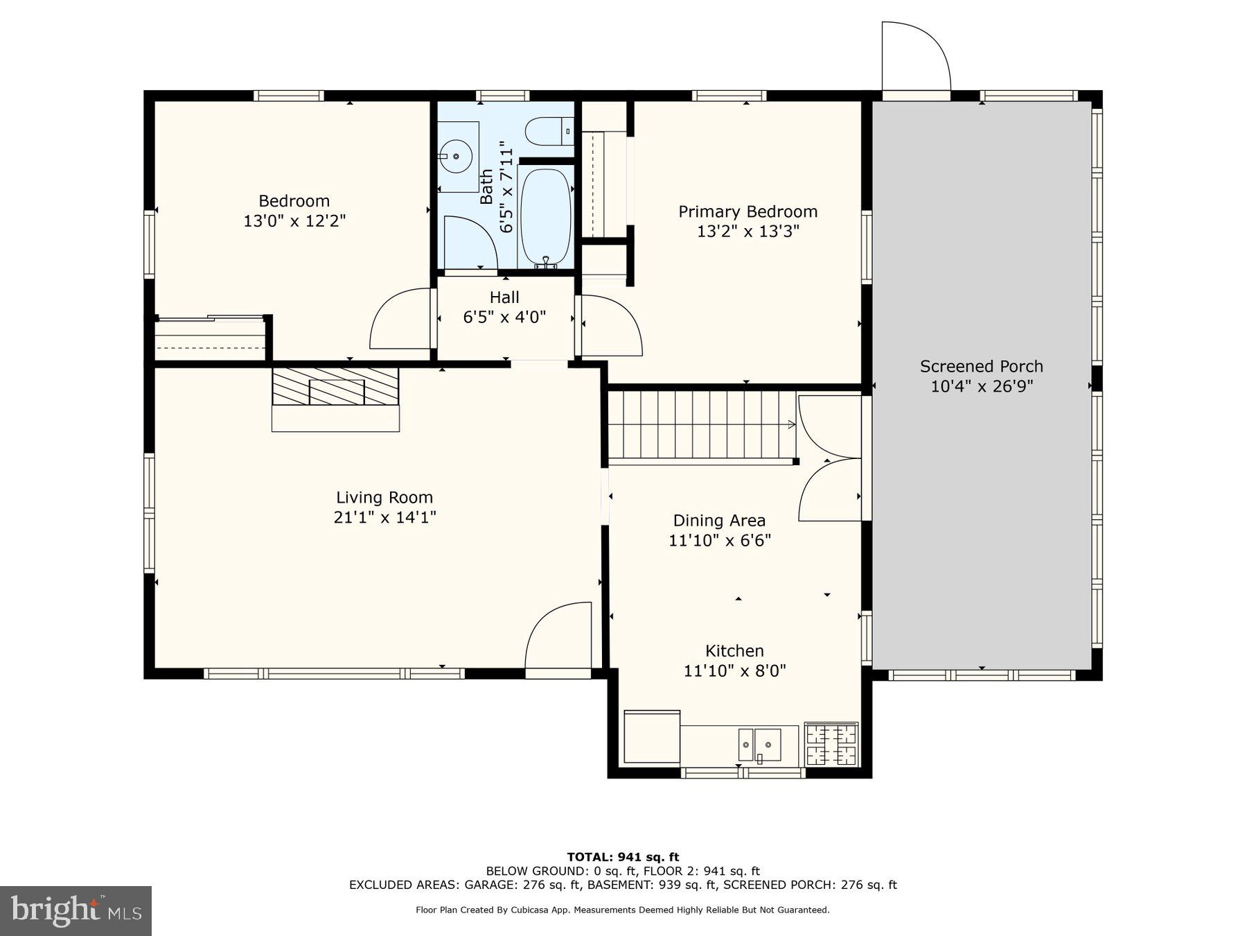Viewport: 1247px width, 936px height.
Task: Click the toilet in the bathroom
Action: tap(549, 131)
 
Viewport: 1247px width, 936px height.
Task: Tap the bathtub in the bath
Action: tap(545, 216)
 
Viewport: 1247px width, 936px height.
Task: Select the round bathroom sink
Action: tap(457, 156)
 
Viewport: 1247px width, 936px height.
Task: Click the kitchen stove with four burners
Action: tap(831, 744)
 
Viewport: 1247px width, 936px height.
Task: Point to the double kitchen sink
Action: tap(759, 745)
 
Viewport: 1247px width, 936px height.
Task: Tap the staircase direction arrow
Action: tap(790, 424)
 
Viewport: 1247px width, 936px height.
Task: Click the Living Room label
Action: tap(384, 498)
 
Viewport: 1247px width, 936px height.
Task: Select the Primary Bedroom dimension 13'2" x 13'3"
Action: tap(748, 232)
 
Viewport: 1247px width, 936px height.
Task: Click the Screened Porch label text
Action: tap(981, 367)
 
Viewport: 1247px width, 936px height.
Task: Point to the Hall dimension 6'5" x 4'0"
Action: tap(504, 318)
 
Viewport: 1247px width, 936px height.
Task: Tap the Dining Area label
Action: tap(719, 521)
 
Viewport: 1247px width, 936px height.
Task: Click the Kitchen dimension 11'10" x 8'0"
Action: tap(734, 671)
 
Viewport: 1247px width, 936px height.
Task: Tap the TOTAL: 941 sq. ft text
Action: tap(623, 857)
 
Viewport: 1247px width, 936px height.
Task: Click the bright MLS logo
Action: tap(76, 910)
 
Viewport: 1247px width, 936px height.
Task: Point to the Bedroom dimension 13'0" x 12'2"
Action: tap(294, 221)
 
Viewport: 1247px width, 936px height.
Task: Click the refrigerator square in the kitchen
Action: tap(652, 737)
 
